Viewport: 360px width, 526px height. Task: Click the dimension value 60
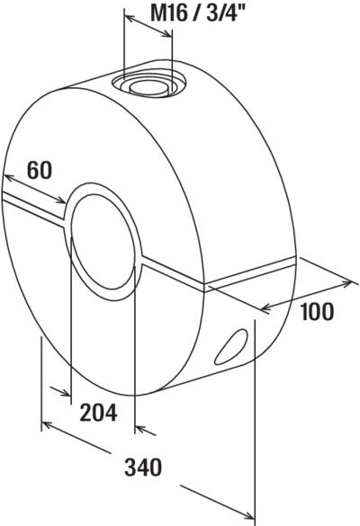(x=40, y=170)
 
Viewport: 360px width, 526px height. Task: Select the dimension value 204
(x=98, y=413)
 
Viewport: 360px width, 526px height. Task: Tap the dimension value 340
(x=143, y=467)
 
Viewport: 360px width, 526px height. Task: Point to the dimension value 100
(x=318, y=311)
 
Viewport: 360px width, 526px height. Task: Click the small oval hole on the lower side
(x=230, y=346)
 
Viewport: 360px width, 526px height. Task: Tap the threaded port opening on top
(x=148, y=84)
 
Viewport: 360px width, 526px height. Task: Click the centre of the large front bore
(x=103, y=241)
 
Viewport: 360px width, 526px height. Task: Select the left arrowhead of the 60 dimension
(x=7, y=177)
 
